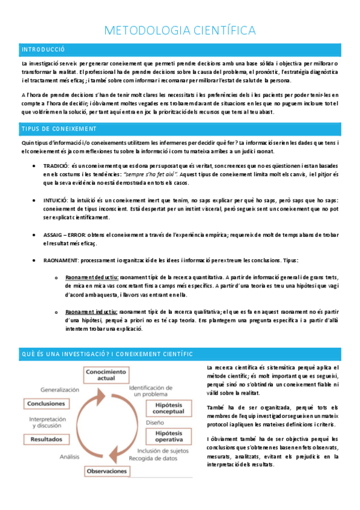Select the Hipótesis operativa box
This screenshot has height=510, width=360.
(x=169, y=436)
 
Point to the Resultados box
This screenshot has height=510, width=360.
(x=46, y=440)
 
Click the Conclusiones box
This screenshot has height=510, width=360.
(x=47, y=403)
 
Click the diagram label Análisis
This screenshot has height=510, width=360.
(x=69, y=457)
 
